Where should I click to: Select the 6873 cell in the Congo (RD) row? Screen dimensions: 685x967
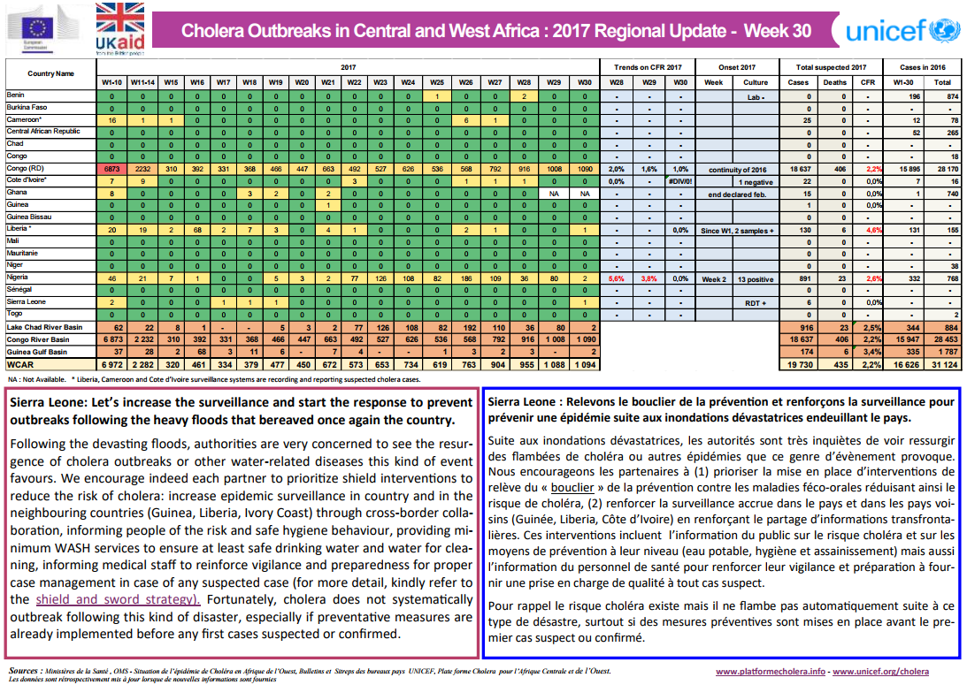pos(111,168)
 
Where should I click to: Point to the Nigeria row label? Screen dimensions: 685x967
pos(18,278)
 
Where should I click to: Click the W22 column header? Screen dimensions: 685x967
pos(354,82)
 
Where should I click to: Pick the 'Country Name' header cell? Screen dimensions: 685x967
pos(50,74)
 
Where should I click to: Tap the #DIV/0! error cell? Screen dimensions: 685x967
pos(679,179)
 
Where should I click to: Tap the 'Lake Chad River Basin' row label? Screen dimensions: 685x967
pos(45,327)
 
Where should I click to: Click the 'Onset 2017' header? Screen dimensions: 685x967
pos(736,67)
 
